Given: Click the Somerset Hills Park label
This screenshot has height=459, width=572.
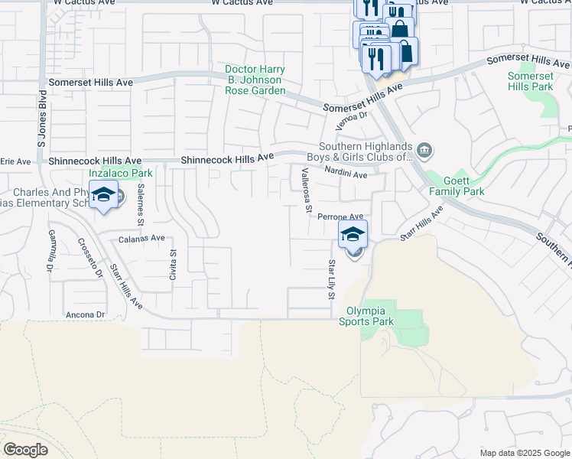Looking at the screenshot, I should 531,81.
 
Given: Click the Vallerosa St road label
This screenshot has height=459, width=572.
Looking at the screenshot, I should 307,189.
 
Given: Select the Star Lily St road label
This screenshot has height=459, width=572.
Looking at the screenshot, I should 332,279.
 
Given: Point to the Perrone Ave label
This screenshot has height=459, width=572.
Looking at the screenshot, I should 340,216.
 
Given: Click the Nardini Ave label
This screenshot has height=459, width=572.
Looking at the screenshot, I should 346,174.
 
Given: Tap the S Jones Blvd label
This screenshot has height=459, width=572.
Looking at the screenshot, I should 43,119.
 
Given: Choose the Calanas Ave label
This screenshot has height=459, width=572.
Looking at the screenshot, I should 141,239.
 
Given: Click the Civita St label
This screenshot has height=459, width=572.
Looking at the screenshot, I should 174,262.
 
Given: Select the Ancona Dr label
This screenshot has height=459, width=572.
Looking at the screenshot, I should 85,314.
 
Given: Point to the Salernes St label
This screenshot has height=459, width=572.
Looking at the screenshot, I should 141,210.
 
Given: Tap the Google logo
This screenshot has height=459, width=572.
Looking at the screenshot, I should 25,450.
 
